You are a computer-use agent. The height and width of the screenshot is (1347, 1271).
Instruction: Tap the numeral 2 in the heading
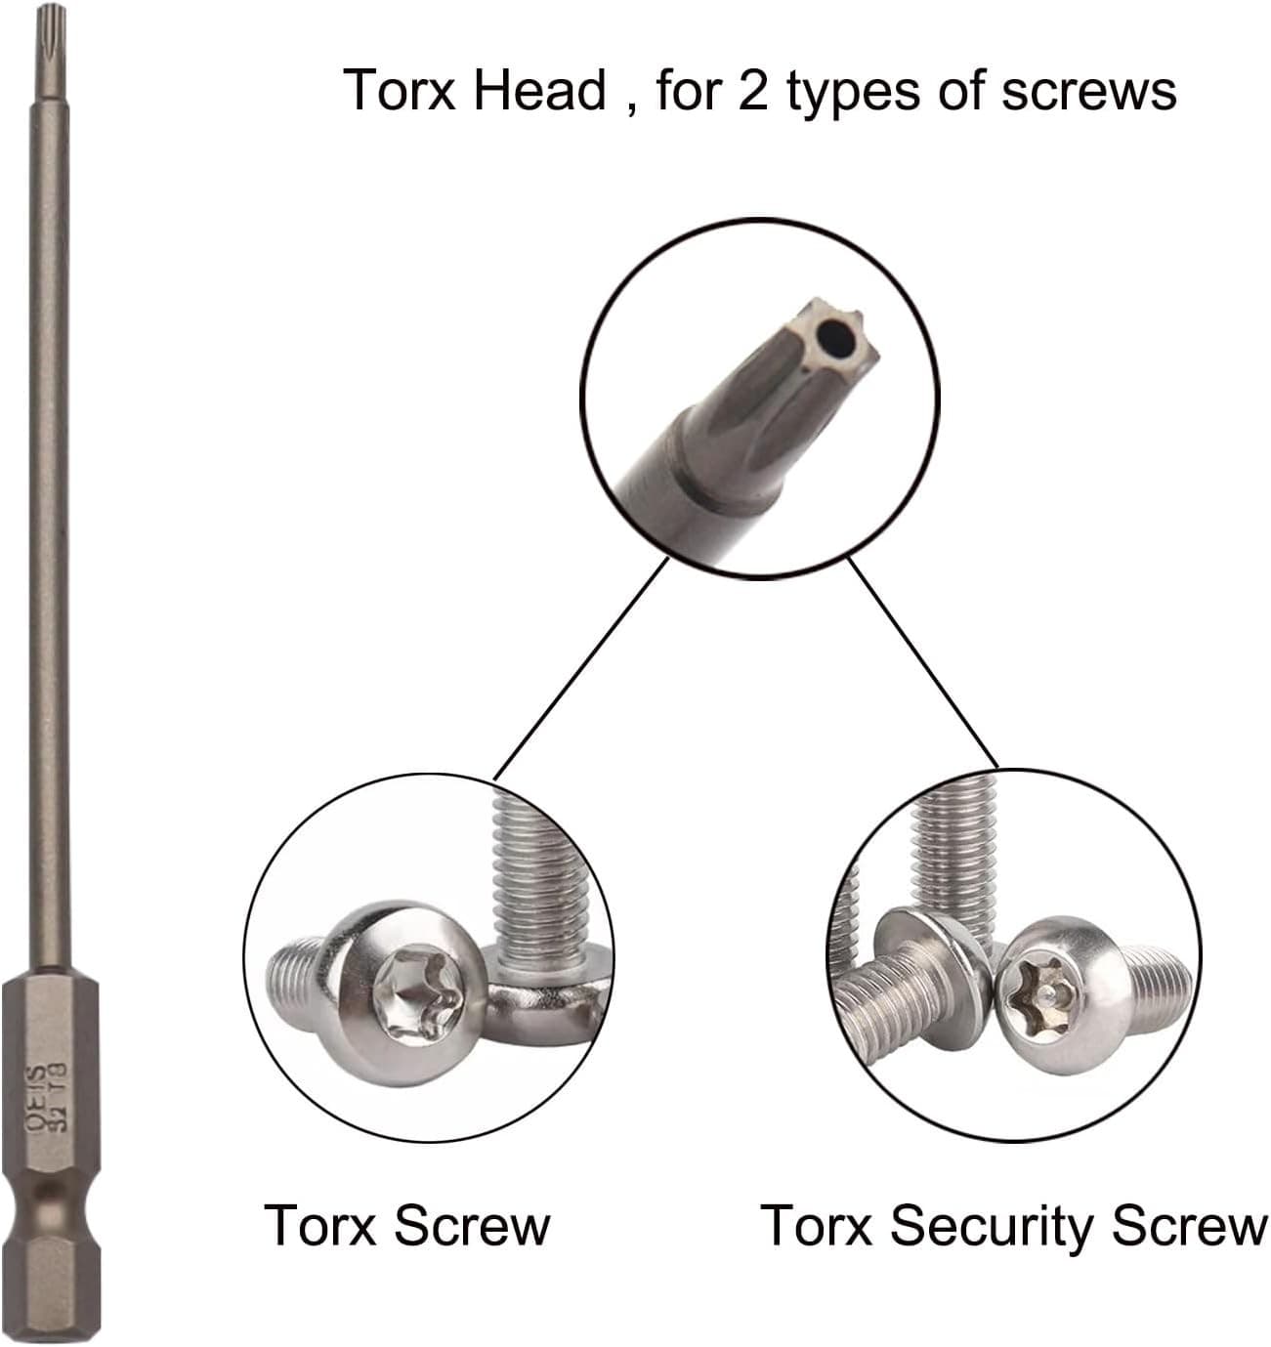pyautogui.click(x=752, y=91)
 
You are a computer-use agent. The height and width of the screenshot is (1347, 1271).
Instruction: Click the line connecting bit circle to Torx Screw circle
pyautogui.click(x=582, y=667)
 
